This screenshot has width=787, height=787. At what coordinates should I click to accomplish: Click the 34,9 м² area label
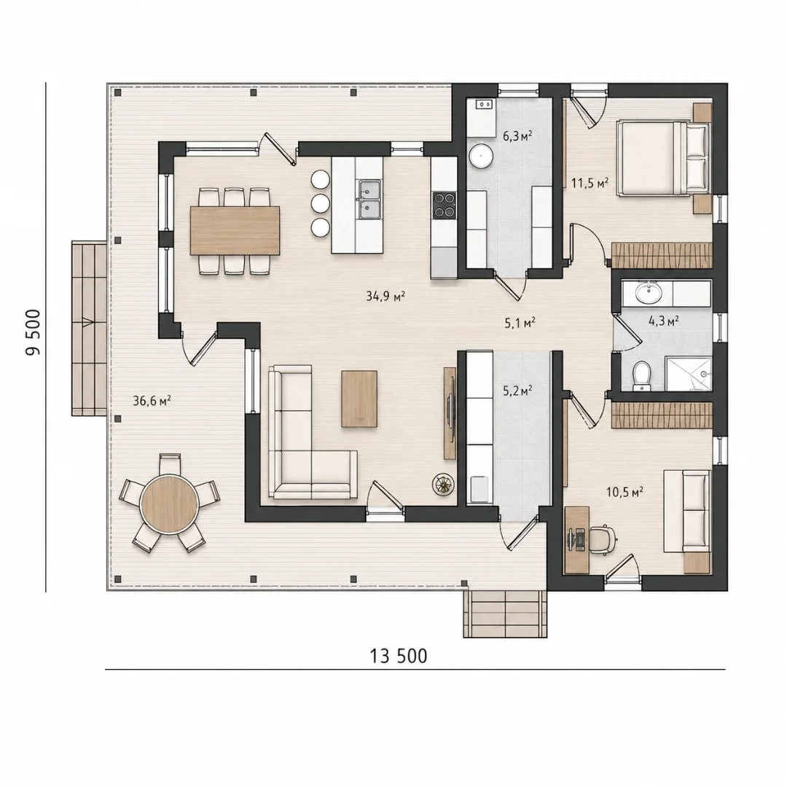(385, 296)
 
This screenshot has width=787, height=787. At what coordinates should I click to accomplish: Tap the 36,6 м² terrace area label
(152, 400)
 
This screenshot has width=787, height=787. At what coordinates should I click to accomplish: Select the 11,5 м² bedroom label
(590, 183)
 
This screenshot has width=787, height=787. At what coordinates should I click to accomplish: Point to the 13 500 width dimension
(399, 656)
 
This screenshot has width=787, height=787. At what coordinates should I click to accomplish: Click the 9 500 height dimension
(33, 332)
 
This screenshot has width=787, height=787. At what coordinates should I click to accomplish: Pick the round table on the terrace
(170, 504)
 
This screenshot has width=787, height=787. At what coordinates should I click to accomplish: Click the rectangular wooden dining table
(235, 230)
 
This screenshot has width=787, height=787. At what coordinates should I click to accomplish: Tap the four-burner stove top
(445, 205)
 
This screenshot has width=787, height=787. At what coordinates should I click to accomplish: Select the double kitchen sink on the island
(369, 199)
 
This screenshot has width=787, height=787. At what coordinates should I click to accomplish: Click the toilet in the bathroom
(641, 375)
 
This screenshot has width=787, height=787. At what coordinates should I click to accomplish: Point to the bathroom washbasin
(649, 293)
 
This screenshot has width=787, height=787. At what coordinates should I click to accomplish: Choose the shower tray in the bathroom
(689, 373)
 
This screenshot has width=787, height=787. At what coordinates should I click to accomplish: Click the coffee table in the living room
(359, 399)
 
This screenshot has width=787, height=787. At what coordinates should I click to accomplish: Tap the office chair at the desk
(603, 540)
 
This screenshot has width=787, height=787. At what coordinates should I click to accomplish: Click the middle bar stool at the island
(320, 203)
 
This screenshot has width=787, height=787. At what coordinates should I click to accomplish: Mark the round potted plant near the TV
(443, 485)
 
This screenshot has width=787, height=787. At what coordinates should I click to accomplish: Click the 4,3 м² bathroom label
(664, 320)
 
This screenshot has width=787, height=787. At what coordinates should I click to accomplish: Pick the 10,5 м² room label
(625, 492)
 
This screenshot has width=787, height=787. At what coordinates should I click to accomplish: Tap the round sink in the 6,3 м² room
(482, 156)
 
